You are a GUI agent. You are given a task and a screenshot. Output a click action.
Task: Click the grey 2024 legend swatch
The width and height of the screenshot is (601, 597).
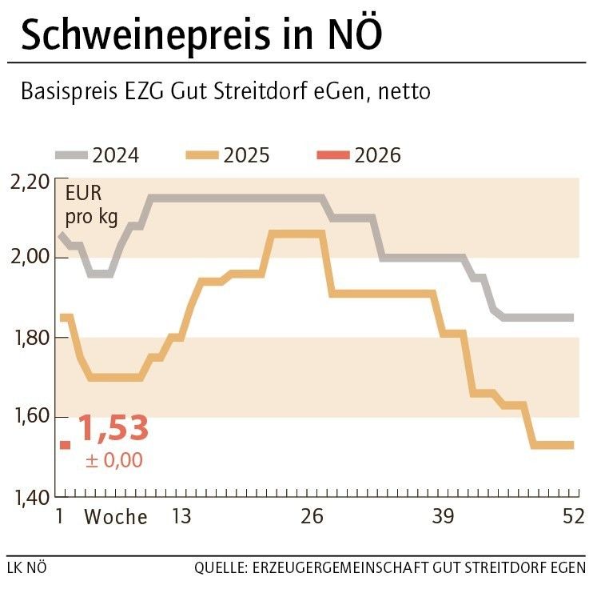coord(71,154)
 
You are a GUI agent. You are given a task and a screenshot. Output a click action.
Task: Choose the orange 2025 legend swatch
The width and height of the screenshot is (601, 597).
coord(202,154)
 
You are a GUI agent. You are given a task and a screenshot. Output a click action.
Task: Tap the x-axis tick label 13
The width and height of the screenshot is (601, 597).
coord(181,517)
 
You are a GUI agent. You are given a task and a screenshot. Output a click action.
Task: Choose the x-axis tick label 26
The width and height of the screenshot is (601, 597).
coord(312,517)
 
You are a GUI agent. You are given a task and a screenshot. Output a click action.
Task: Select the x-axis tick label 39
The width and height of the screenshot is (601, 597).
coord(443,517)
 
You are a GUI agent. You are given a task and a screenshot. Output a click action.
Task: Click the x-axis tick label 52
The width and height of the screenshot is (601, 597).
coord(572,517)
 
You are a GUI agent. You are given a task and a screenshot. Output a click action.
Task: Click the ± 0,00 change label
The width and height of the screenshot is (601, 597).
coord(113,460)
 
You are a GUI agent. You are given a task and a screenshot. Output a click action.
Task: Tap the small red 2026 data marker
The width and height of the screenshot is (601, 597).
coord(65,445)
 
